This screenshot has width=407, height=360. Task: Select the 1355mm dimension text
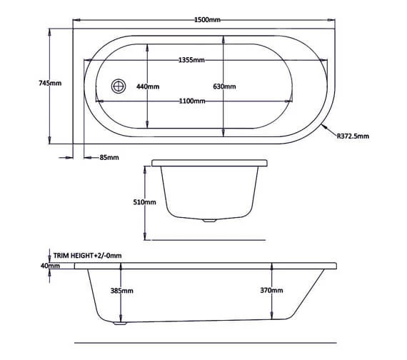point(193,61)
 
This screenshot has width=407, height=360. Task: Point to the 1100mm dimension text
point(193,101)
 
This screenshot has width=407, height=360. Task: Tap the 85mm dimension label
point(109,157)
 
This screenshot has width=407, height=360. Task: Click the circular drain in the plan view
point(117,86)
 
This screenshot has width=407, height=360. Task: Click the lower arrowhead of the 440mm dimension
point(147,124)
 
